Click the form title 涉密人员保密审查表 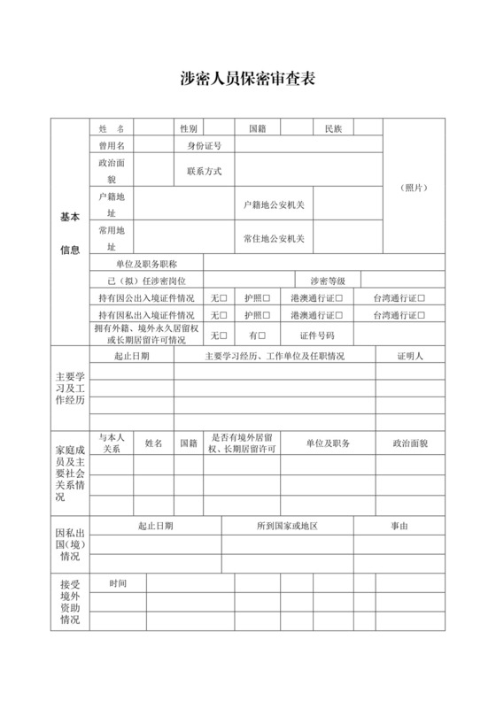[x=247, y=79]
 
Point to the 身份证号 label [x=204, y=145]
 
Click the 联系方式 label [x=204, y=171]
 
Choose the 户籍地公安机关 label [x=274, y=204]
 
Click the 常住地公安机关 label [x=274, y=238]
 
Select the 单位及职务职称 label [x=147, y=264]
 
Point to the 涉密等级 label [x=327, y=281]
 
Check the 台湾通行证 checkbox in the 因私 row [x=422, y=314]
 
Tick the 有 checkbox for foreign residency [x=262, y=335]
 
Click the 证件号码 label [x=317, y=335]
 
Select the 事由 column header [x=399, y=526]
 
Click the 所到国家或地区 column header [x=287, y=526]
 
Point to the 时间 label [x=119, y=583]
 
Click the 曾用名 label [x=112, y=145]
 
